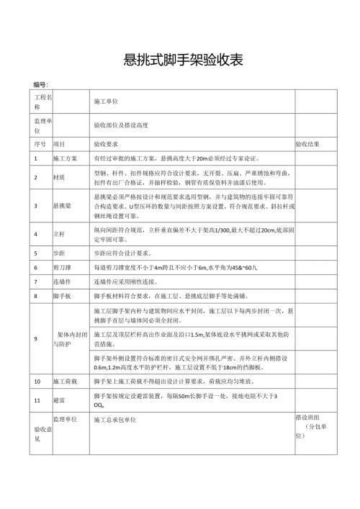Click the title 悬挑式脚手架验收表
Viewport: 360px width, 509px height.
coord(179,60)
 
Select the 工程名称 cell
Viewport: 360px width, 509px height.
coord(40,102)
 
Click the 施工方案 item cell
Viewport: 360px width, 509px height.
coord(65,158)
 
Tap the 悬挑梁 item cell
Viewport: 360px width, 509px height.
coord(62,206)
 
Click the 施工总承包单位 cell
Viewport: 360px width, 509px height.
coord(115,419)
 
